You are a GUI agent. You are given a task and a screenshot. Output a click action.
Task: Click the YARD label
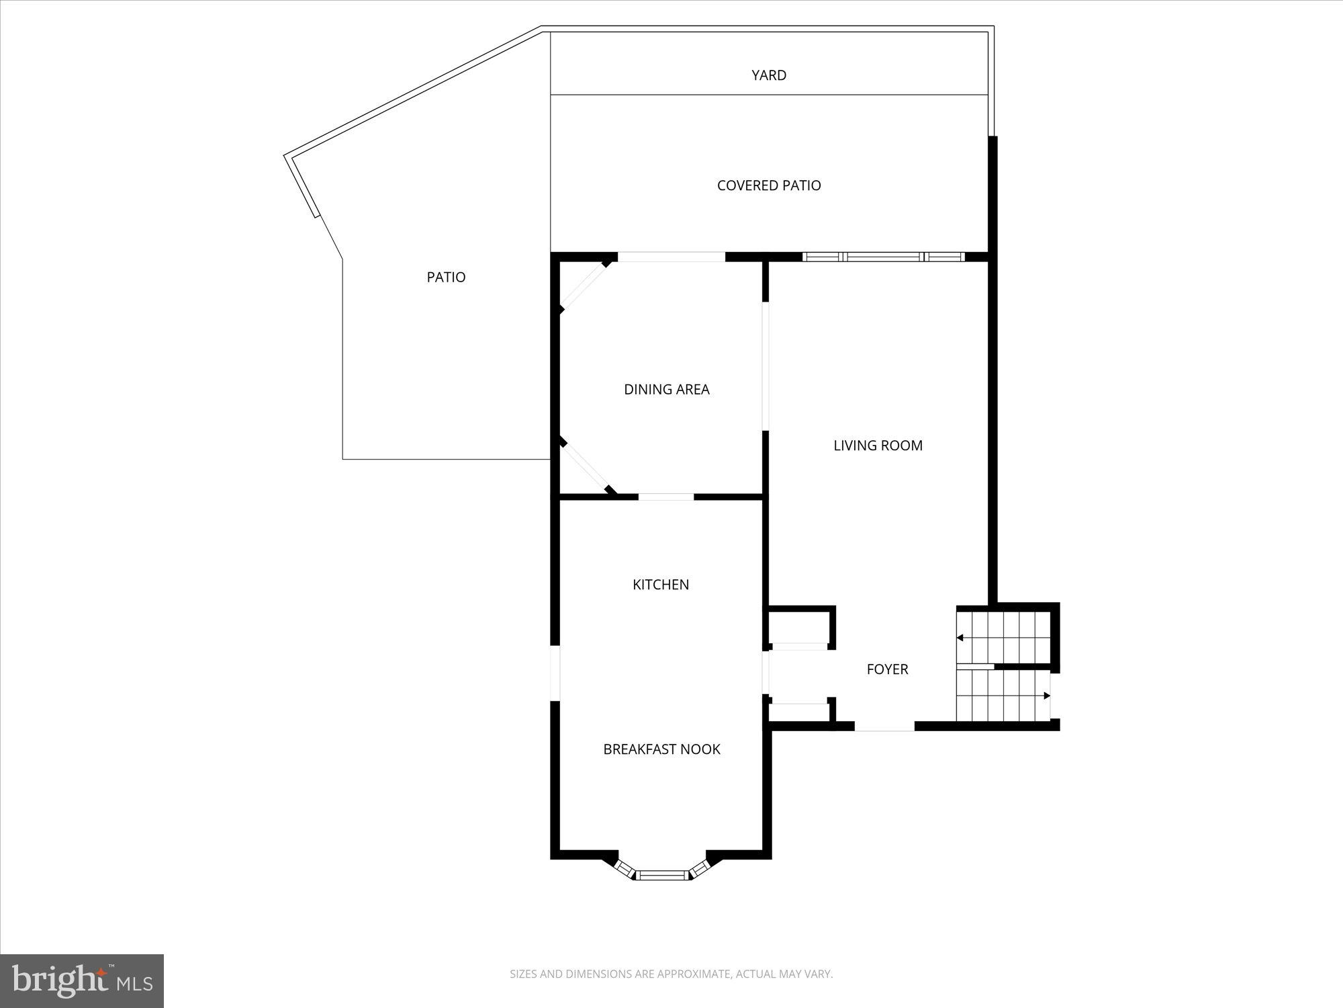pos(769,75)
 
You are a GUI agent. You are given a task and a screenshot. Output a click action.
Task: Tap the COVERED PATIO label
pos(769,185)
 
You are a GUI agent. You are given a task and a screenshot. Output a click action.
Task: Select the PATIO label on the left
pos(446,277)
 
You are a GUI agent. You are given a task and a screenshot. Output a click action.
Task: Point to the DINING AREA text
pos(666,389)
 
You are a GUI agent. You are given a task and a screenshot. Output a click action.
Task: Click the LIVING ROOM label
pos(878,445)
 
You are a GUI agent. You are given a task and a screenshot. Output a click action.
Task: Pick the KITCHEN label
pos(661,585)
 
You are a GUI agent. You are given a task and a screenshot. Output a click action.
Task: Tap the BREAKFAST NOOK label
pos(661,749)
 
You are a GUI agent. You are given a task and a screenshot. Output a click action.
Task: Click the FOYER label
pos(887,669)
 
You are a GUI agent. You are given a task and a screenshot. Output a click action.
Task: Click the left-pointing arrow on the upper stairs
pos(961,638)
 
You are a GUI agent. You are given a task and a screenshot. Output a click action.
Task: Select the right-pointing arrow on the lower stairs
pos(1046,696)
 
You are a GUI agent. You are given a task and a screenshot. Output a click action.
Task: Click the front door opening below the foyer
pos(884,727)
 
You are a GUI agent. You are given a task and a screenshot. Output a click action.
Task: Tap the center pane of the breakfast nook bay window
pos(662,875)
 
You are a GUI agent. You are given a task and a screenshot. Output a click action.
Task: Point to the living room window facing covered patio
pos(883,257)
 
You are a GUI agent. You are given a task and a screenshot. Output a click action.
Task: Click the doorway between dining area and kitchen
pos(665,497)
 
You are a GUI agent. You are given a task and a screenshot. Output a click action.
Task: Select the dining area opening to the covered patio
pos(671,257)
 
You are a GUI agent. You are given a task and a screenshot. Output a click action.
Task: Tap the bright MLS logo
pos(81,980)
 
